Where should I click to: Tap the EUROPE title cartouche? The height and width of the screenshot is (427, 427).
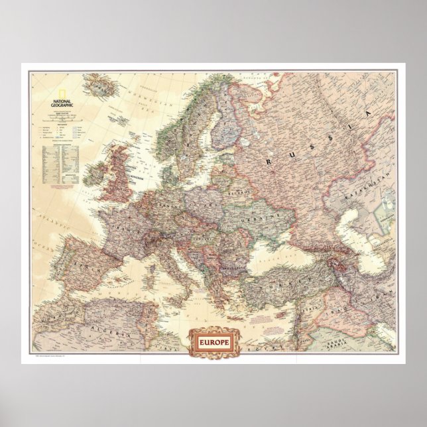click(213, 343)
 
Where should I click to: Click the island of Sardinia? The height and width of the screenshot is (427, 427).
click(154, 278)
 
